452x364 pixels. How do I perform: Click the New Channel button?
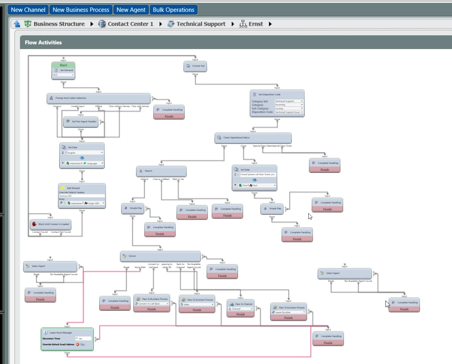(28, 10)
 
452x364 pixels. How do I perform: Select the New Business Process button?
(81, 10)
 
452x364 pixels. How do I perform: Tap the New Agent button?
(131, 10)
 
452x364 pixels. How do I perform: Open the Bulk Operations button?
(173, 10)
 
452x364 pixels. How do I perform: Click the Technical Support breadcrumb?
(201, 24)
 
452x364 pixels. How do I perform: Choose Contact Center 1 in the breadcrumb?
(130, 24)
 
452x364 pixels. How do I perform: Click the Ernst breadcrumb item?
(255, 24)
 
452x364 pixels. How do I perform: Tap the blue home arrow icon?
(17, 24)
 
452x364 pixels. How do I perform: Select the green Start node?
(63, 65)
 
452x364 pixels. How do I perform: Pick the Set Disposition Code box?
(277, 95)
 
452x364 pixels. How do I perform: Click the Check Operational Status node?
(253, 138)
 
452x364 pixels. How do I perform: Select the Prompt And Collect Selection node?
(98, 98)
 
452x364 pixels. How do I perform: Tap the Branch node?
(161, 171)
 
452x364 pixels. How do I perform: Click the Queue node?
(160, 256)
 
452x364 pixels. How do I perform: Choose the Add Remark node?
(82, 188)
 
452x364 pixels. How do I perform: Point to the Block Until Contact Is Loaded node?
(50, 224)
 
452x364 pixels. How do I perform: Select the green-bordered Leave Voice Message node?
(67, 339)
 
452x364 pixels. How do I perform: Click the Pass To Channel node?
(240, 304)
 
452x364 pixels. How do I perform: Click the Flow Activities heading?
(43, 42)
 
